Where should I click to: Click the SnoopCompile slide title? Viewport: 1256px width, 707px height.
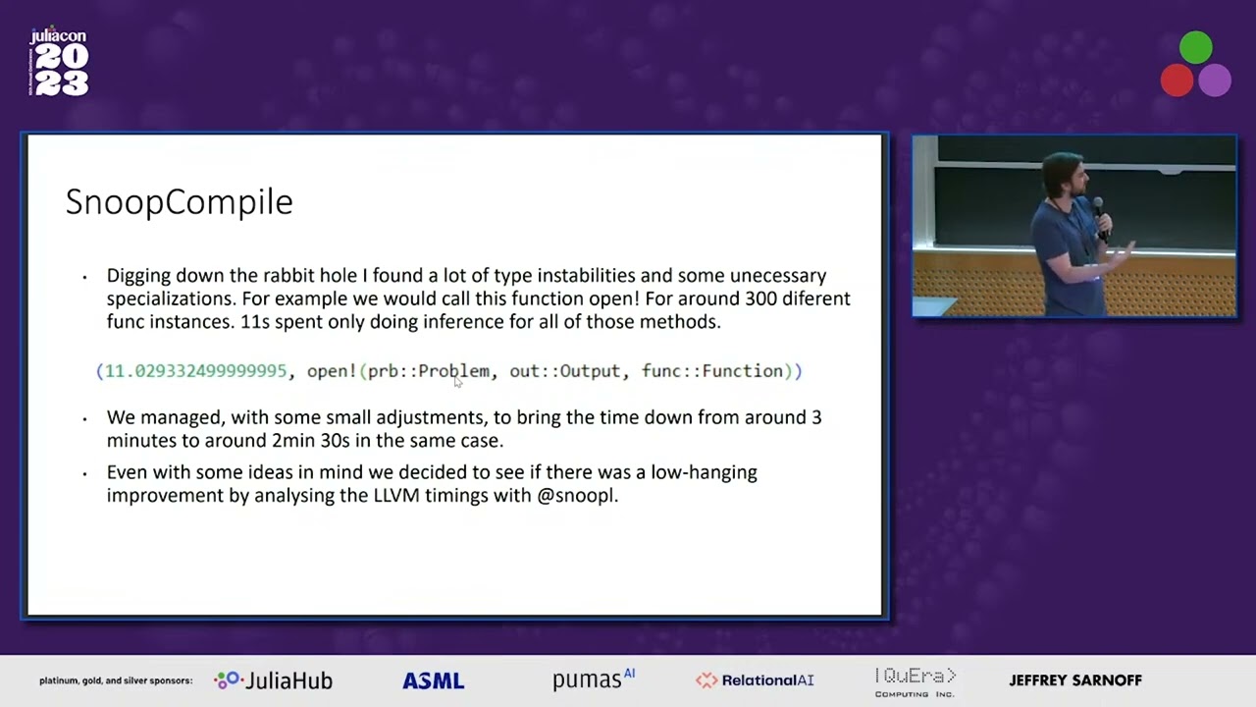point(179,202)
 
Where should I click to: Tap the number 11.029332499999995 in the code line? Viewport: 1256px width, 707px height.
point(195,371)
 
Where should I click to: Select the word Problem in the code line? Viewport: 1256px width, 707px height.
point(453,371)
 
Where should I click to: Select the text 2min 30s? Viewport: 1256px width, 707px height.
point(311,441)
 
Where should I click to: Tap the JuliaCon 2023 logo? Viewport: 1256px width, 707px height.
point(60,63)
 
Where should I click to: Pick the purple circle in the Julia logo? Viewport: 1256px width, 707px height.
point(1215,81)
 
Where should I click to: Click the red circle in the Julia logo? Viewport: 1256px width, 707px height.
point(1177,81)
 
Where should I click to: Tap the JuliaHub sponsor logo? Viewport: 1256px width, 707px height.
point(274,680)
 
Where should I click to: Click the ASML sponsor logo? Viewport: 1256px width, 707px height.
point(433,680)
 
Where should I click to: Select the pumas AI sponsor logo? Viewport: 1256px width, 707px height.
point(593,680)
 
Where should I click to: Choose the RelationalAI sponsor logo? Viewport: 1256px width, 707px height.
point(755,680)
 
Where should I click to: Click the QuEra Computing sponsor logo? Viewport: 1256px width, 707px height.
point(915,681)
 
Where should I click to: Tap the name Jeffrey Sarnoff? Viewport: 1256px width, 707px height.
point(1075,680)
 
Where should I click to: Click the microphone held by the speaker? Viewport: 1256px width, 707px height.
point(1098,209)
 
